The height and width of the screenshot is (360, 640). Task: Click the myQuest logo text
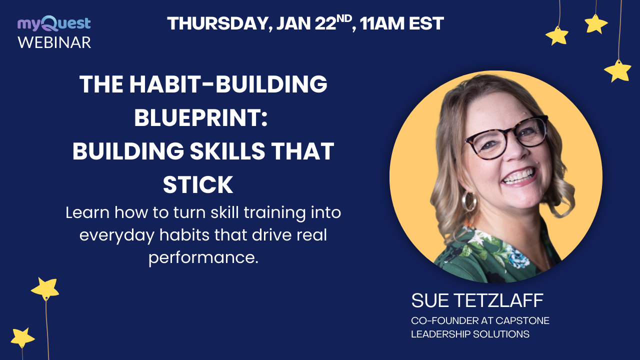coord(54,23)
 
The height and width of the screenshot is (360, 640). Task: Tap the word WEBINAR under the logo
coord(54,42)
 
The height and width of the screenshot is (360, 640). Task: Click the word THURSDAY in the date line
coord(215,23)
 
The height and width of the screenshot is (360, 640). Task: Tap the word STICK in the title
coord(198,185)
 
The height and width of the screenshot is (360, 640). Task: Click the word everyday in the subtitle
coord(119,235)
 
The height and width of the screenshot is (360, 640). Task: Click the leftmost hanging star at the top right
coord(557,36)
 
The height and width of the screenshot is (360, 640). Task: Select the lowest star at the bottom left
coord(22,338)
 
